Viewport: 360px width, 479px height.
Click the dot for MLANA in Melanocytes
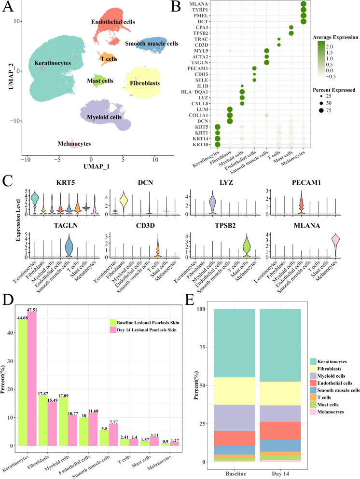[x=304, y=4]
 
